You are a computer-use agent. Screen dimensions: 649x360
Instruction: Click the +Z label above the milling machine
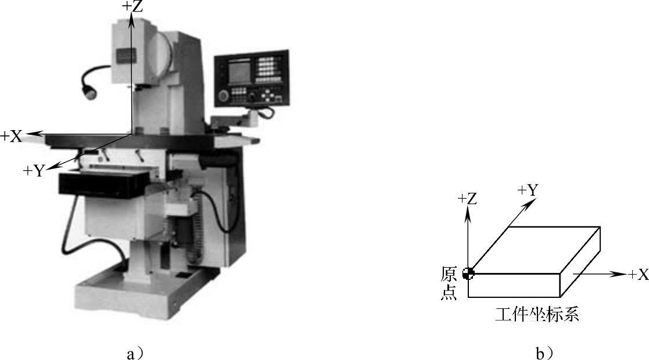point(132,6)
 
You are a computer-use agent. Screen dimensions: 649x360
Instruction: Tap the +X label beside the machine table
point(11,136)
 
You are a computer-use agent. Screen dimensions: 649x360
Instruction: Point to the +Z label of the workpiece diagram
point(467,199)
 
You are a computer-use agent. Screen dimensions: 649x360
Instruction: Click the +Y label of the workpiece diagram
point(528,190)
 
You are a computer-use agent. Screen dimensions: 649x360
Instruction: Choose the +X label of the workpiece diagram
point(638,274)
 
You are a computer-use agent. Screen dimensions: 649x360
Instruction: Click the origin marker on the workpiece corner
point(468,273)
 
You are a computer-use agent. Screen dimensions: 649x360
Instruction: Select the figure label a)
point(135,354)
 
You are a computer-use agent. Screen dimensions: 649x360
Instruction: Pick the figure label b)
point(544,354)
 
